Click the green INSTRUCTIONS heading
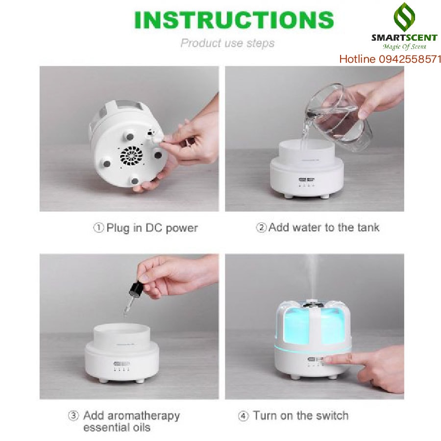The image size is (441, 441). [234, 20]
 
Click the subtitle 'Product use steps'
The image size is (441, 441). [227, 43]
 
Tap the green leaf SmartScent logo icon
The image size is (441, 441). [404, 17]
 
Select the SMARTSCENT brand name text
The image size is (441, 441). [404, 38]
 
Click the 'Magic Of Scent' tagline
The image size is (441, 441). [404, 47]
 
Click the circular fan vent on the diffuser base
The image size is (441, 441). [131, 156]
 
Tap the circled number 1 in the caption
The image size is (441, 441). [98, 227]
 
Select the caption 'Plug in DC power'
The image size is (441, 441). [152, 228]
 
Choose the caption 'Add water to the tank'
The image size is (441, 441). [324, 227]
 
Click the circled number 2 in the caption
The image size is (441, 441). [261, 227]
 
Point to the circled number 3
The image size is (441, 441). [73, 416]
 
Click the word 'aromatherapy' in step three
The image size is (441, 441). [144, 416]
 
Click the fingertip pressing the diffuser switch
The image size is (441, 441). [328, 359]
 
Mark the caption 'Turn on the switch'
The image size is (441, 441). [301, 416]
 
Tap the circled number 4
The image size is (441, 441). [243, 416]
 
